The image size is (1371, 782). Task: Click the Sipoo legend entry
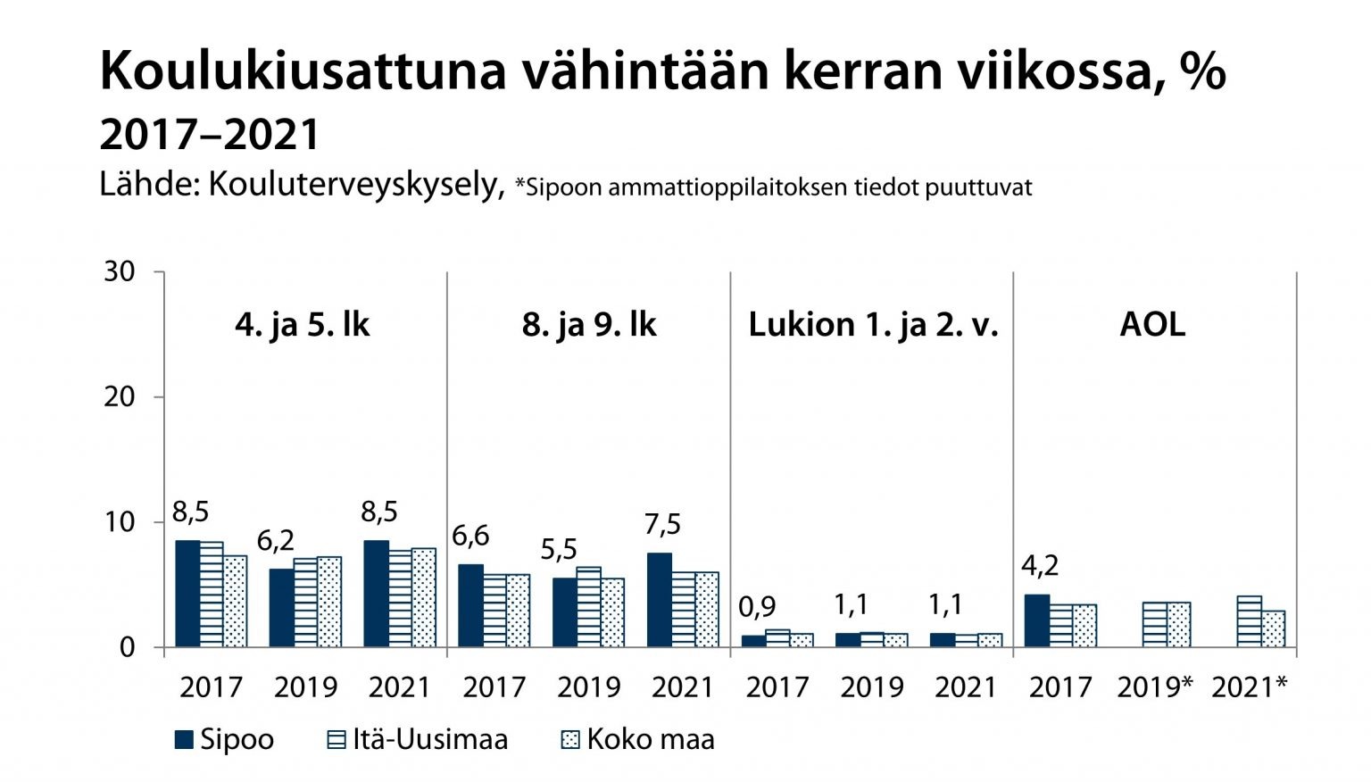(x=225, y=739)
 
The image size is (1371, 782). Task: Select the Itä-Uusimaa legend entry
(x=418, y=739)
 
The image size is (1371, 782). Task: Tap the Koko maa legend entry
(x=637, y=739)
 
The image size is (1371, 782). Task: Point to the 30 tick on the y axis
(x=120, y=271)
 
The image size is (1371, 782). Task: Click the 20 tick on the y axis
(x=120, y=396)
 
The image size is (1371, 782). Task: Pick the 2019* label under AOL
(x=1155, y=686)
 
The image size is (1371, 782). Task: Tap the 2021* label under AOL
(x=1250, y=686)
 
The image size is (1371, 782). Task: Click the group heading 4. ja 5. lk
(x=303, y=324)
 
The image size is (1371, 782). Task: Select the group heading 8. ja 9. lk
(x=589, y=324)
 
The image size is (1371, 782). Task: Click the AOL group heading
(x=1152, y=324)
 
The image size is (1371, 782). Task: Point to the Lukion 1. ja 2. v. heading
(x=873, y=324)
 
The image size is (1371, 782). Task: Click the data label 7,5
(x=662, y=524)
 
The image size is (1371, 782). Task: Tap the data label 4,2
(x=1040, y=565)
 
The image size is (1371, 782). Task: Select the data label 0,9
(x=757, y=607)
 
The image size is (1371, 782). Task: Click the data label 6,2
(x=276, y=540)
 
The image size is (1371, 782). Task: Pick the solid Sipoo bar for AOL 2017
(x=1036, y=620)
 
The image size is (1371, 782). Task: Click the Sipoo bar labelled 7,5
(x=660, y=600)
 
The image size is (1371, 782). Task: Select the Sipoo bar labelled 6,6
(x=470, y=605)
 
